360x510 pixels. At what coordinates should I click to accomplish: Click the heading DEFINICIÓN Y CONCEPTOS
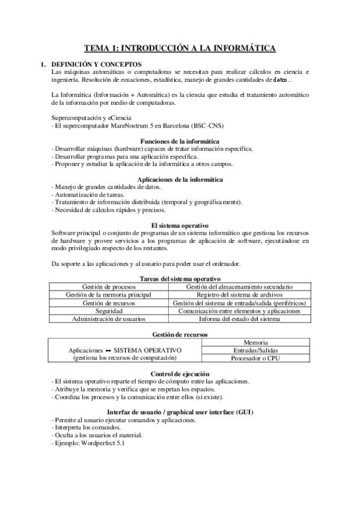click(x=96, y=64)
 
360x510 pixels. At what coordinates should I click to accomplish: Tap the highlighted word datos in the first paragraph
click(x=280, y=79)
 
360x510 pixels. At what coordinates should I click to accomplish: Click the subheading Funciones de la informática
click(x=180, y=141)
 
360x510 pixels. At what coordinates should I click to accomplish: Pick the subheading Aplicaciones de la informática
click(x=180, y=179)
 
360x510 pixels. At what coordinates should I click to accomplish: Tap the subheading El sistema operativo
click(x=180, y=226)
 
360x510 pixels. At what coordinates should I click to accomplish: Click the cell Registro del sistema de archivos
click(x=240, y=295)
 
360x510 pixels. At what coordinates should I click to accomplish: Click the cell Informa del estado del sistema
click(x=240, y=319)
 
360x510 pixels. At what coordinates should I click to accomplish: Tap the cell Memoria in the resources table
click(x=257, y=342)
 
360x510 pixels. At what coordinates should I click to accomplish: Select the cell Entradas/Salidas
click(x=257, y=350)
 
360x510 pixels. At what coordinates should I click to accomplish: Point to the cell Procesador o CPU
click(x=257, y=358)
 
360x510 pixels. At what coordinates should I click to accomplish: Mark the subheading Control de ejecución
click(x=180, y=373)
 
